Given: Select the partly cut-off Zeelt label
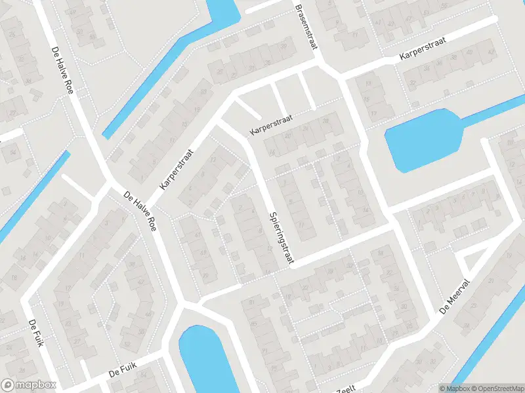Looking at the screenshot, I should click(x=346, y=389).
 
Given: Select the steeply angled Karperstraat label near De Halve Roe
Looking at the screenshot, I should click(x=178, y=169).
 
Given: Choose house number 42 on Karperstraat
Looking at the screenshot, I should click(x=490, y=53).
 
